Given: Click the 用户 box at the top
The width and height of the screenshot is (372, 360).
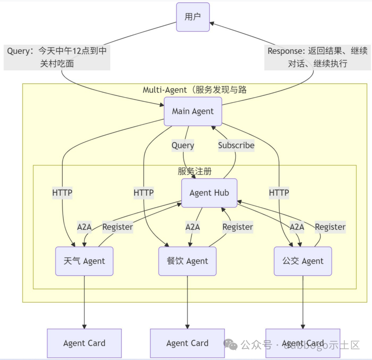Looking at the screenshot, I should pos(193,17).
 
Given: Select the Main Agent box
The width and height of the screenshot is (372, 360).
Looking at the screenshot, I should pos(193,111).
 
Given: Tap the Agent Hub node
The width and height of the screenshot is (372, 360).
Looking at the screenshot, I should pos(209,193).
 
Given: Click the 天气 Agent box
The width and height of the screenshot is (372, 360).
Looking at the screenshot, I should pos(84,261).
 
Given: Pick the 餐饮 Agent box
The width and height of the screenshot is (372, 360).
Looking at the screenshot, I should pos(187,261).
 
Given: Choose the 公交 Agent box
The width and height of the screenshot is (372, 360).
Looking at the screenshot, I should pos(303,261).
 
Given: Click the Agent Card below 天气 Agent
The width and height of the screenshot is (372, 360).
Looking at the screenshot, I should pos(84,343).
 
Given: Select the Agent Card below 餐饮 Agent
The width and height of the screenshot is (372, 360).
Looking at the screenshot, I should pos(187,343).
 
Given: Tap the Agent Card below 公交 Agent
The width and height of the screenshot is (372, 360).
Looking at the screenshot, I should pos(303,343).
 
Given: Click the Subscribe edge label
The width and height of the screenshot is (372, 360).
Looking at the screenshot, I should pos(236,145).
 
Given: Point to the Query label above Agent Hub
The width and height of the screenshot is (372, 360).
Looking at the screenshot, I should pos(183,145).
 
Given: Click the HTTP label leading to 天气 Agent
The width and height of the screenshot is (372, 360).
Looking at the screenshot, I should pos(62,193).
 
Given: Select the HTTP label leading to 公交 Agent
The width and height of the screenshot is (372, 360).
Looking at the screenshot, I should pos(279,193).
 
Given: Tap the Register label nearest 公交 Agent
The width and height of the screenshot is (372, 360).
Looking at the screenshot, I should pos(330,227).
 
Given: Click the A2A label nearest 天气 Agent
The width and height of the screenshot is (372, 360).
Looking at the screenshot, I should pos(84,227).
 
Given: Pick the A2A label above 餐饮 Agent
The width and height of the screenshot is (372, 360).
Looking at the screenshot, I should pos(193,227).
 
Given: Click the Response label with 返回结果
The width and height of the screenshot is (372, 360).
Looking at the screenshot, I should pos(318,57).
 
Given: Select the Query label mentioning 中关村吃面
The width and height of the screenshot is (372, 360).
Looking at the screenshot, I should pos(57,57).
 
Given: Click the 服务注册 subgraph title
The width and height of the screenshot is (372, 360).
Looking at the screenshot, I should pos(195,171).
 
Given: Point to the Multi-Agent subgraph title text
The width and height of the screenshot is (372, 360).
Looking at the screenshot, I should pos(195,90).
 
